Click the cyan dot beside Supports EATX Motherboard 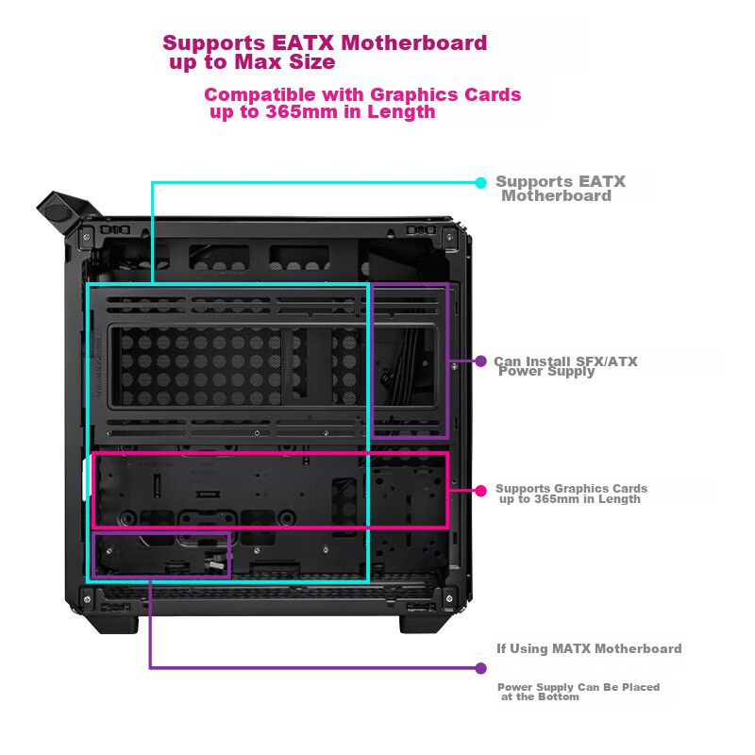(x=480, y=182)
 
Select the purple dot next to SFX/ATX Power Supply (x=480, y=361)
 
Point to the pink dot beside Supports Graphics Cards (x=480, y=490)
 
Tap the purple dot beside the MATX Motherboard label (x=480, y=668)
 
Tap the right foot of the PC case (x=423, y=623)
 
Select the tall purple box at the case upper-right (x=409, y=361)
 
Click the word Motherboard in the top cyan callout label (x=557, y=196)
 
